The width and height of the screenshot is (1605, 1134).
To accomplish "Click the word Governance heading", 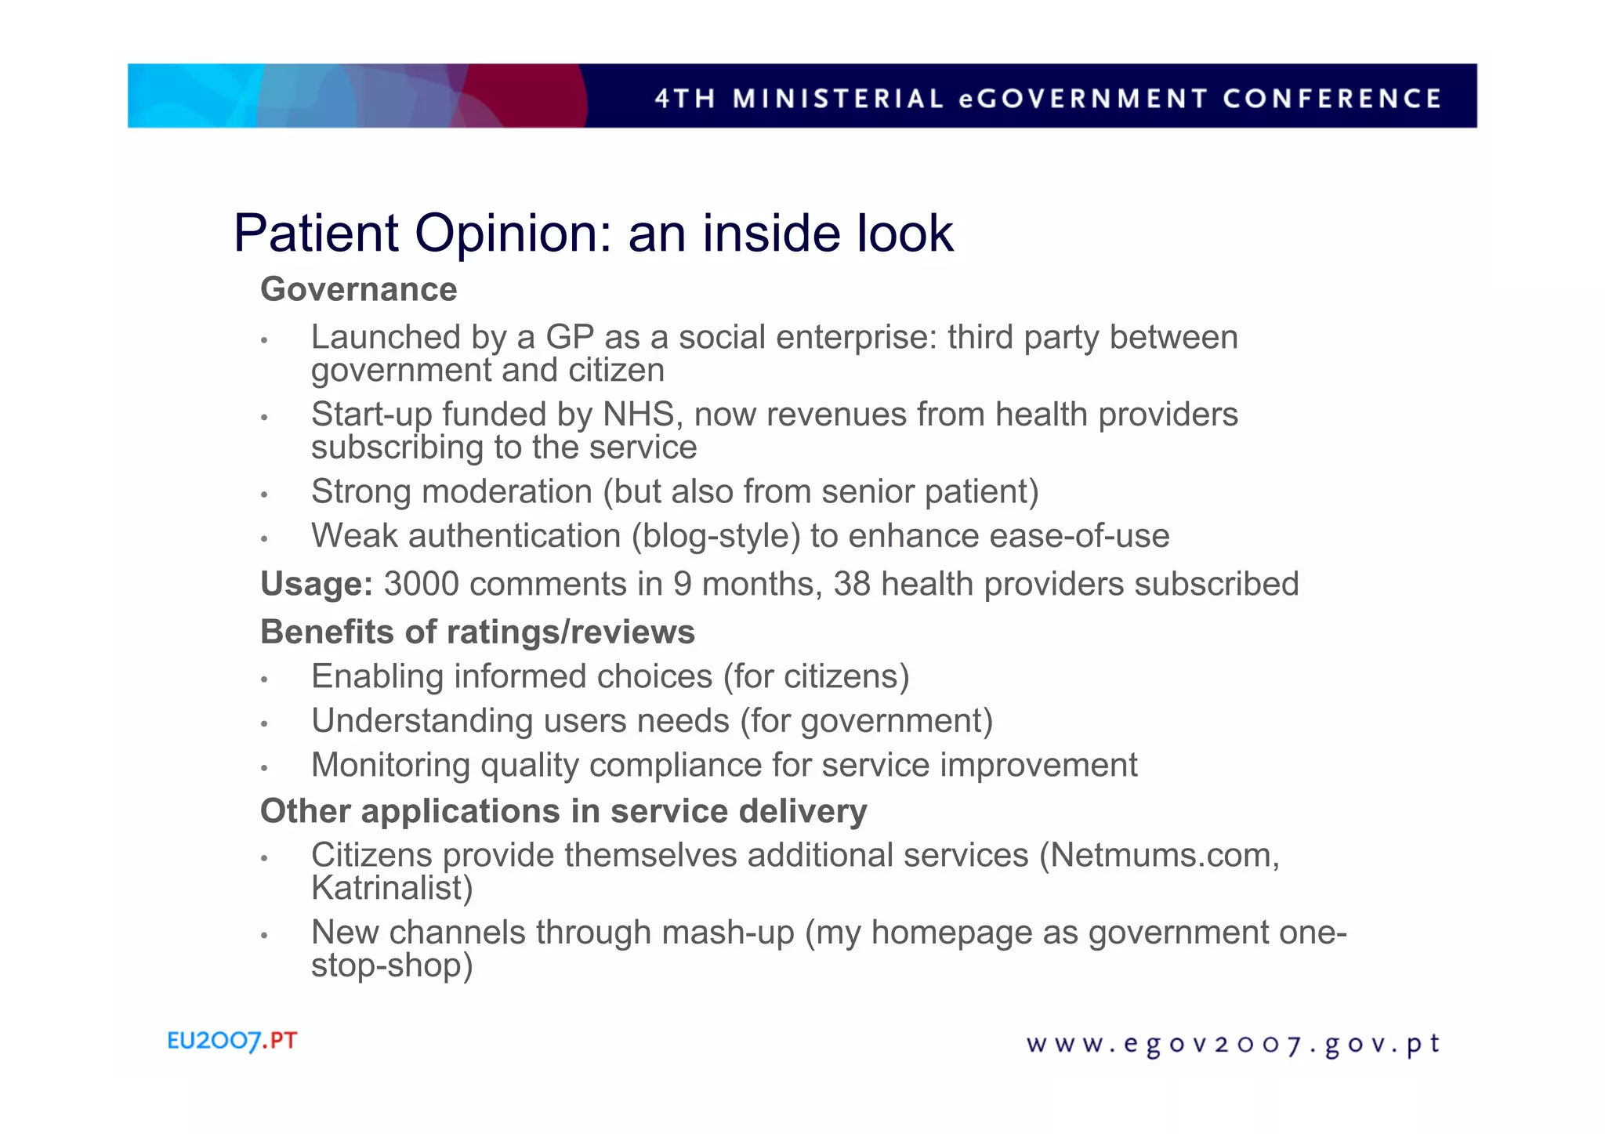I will click(x=358, y=289).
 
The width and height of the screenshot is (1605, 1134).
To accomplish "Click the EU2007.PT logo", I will click(x=232, y=1042).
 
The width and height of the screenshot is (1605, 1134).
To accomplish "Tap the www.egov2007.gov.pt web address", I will click(x=1233, y=1045).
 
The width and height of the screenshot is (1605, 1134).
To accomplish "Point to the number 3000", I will click(x=421, y=584).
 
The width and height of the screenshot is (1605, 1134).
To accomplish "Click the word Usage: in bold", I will click(x=317, y=585).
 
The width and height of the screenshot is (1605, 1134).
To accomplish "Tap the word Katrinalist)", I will click(x=392, y=888).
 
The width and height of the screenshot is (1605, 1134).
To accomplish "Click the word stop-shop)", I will click(x=392, y=965).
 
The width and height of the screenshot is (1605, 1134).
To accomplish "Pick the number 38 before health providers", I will click(x=852, y=584).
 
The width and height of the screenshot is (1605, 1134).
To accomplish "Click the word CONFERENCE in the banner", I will click(x=1331, y=99).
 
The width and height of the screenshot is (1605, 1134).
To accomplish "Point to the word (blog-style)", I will click(x=716, y=536).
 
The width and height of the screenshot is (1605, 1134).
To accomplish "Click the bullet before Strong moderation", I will click(x=265, y=495).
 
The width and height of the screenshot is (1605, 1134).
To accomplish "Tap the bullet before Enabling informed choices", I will click(x=265, y=679).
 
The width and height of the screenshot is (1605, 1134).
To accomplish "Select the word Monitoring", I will click(x=390, y=765).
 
